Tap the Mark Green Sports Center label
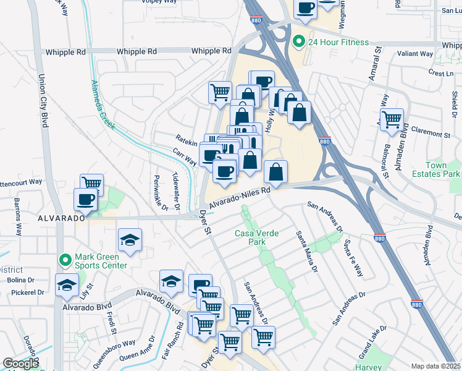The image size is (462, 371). [101, 262]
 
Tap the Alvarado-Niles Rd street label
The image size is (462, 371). [240, 198]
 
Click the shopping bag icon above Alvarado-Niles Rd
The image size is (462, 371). [276, 171]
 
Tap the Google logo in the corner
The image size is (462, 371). [20, 364]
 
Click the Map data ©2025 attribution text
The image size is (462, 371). [435, 366]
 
